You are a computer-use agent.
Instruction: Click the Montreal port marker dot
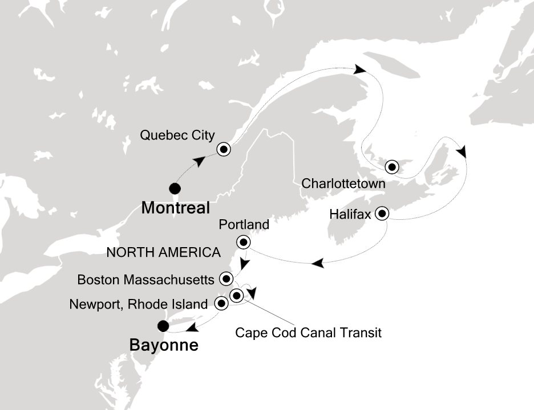[175, 188]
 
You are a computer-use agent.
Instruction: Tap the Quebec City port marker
[224, 150]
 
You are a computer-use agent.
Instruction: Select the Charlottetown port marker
[391, 167]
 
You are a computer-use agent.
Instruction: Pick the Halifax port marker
[381, 214]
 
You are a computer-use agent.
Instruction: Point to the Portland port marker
[244, 243]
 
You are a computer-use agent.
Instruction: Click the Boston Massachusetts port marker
[226, 279]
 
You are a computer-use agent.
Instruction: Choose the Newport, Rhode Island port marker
[221, 304]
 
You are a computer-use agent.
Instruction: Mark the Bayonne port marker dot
[163, 326]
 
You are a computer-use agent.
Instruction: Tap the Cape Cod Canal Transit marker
[237, 294]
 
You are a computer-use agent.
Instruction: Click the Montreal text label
[175, 208]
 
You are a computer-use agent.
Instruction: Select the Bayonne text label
[164, 345]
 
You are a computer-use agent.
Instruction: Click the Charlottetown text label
[342, 184]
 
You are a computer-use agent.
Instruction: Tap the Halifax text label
[350, 215]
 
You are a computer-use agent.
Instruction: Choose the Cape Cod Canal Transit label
[308, 331]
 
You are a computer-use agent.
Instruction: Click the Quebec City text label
[177, 136]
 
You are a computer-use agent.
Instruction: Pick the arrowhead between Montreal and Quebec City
[200, 161]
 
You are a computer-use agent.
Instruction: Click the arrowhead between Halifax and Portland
[318, 263]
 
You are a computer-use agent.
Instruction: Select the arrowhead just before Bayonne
[192, 327]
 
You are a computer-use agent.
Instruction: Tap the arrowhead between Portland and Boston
[244, 265]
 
